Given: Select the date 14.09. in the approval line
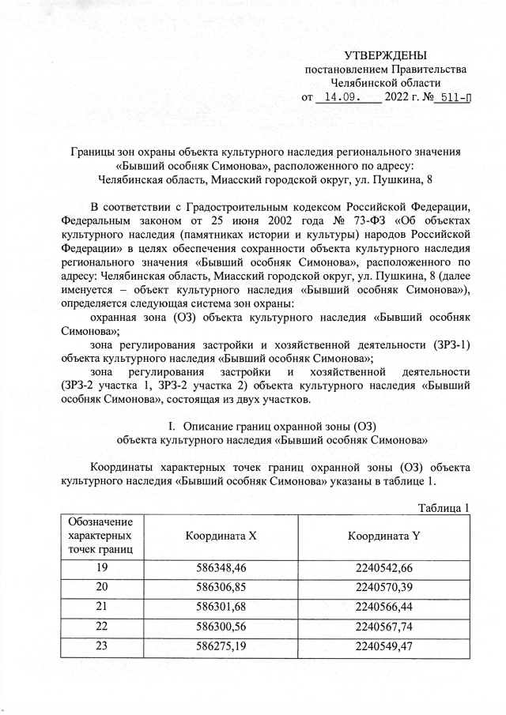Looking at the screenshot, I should tap(342, 99).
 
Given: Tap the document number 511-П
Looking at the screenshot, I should tap(453, 99).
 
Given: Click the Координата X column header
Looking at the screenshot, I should tap(221, 536).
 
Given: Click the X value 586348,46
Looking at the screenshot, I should tap(221, 569).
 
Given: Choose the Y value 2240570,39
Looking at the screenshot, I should tap(384, 588).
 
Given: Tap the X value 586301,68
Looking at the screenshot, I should tap(221, 607).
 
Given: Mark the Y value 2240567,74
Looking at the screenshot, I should tap(384, 626).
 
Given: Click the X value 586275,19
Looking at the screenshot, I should tap(221, 645).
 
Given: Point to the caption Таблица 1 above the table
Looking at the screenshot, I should tap(444, 507).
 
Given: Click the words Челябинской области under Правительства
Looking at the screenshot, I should tap(385, 84).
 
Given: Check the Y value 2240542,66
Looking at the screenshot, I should tap(384, 569).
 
